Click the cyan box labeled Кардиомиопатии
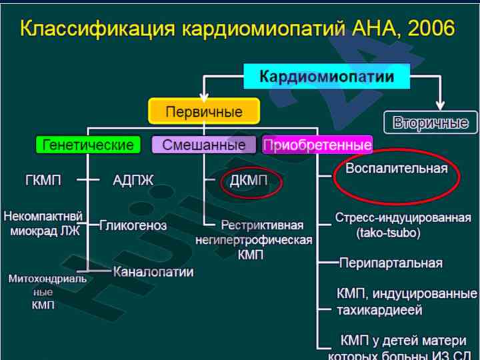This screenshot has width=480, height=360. click(x=327, y=77)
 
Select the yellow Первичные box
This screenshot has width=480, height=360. click(x=203, y=111)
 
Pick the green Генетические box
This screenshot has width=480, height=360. click(x=87, y=145)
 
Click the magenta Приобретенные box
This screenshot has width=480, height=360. click(x=317, y=145)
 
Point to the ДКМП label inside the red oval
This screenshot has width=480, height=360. click(x=249, y=180)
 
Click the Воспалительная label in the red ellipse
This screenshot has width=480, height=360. click(x=396, y=168)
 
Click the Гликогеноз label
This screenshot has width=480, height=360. click(x=133, y=225)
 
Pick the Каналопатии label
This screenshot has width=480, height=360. click(x=153, y=271)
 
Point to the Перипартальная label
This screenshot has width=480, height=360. click(x=391, y=263)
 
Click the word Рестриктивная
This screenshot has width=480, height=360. click(x=262, y=225)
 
